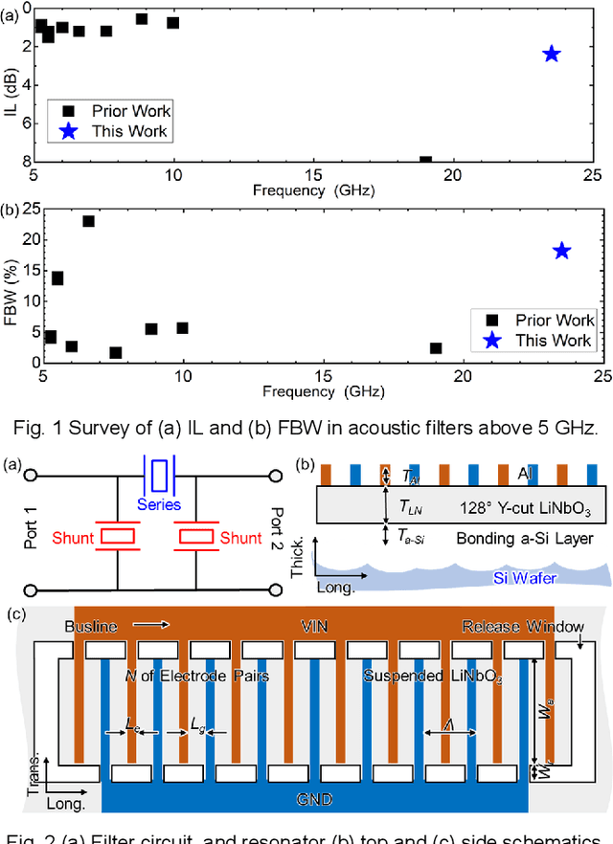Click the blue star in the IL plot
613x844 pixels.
[551, 54]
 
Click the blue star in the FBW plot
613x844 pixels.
[561, 251]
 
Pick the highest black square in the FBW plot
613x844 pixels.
[88, 221]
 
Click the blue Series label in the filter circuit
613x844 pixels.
[159, 503]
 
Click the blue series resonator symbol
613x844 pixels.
[159, 474]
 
